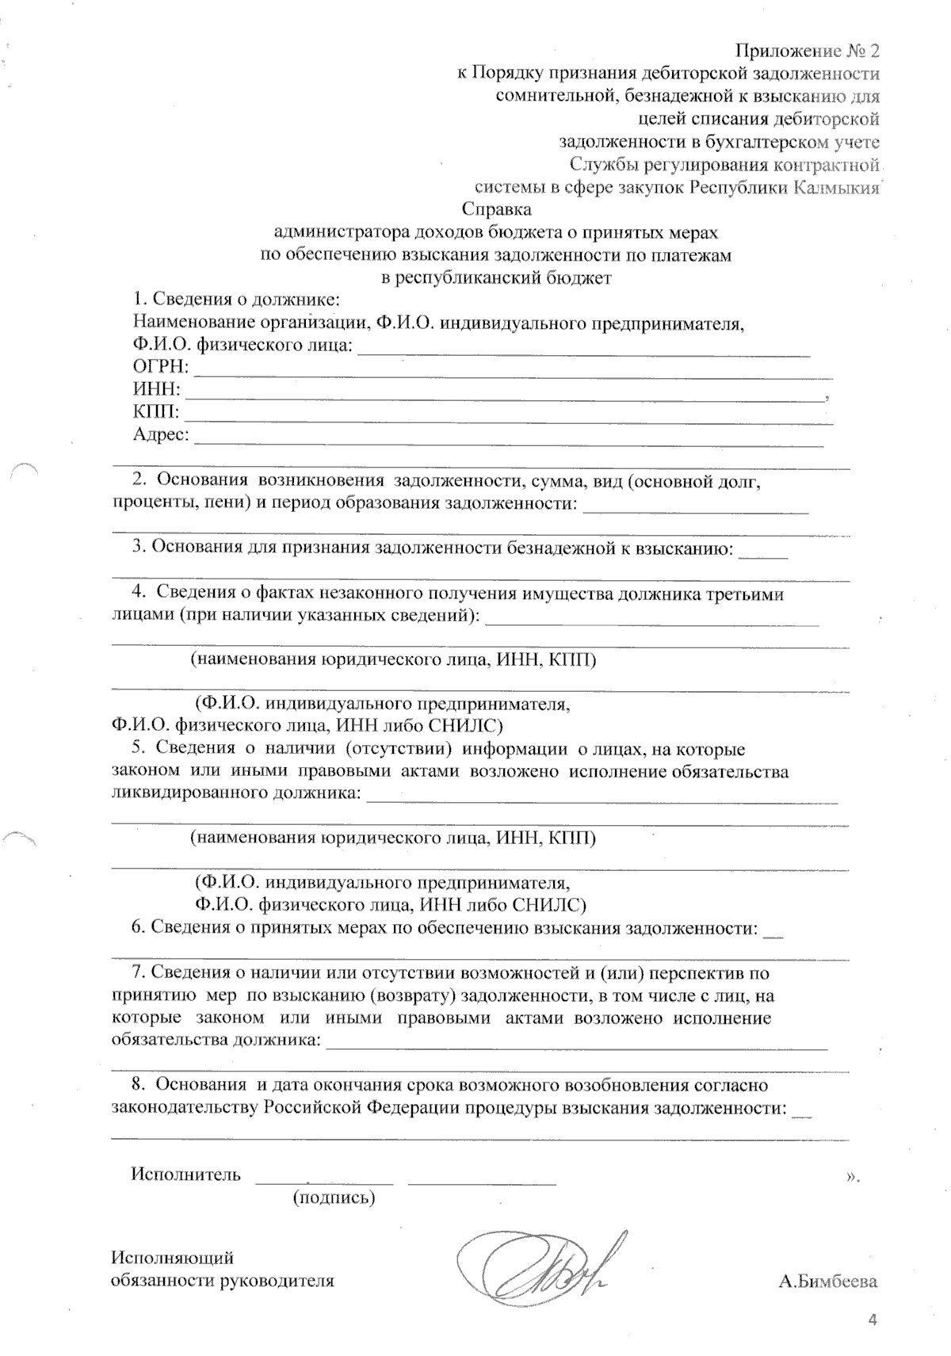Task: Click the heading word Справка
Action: (x=496, y=211)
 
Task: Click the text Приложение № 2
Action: (x=808, y=52)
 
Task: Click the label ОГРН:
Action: (x=161, y=367)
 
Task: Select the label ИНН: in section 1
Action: (x=156, y=390)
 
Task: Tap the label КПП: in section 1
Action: (x=156, y=412)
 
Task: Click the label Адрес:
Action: (x=161, y=434)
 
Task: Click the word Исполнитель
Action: (x=185, y=1175)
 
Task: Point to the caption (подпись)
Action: (x=334, y=1198)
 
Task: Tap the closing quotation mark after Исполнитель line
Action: (x=852, y=1177)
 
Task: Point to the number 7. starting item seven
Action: (x=139, y=973)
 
